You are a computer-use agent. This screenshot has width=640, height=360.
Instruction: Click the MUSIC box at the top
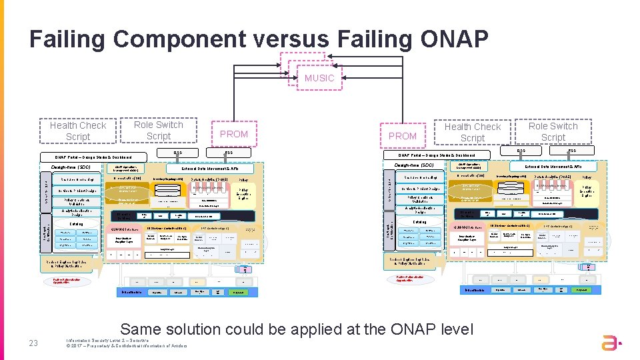click(x=319, y=78)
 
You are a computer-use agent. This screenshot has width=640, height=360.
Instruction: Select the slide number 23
click(x=33, y=343)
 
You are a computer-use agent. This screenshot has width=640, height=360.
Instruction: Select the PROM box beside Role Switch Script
click(x=234, y=134)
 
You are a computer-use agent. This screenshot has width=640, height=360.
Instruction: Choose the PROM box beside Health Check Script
click(x=403, y=135)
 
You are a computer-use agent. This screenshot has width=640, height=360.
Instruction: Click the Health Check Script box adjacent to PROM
click(x=472, y=132)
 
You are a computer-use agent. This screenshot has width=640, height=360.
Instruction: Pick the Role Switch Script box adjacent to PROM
click(x=158, y=130)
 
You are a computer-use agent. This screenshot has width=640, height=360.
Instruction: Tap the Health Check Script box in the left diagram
click(x=78, y=131)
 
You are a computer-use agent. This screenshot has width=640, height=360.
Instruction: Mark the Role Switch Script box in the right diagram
click(x=553, y=131)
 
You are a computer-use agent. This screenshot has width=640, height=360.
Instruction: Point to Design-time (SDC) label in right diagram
click(x=414, y=165)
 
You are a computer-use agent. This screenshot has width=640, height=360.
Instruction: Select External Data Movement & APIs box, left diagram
click(x=210, y=169)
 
